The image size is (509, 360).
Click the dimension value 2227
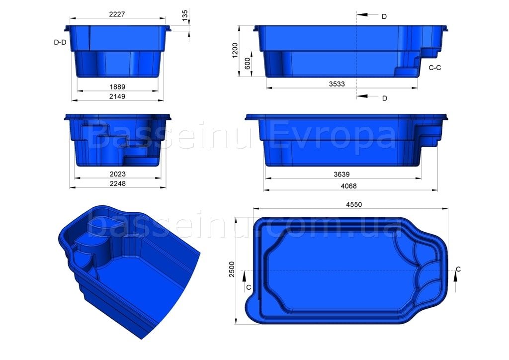coord(117,14)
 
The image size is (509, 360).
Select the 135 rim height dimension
coord(185,15)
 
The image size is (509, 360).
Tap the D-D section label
coord(60,42)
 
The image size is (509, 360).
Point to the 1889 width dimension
coord(117,87)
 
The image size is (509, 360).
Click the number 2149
coord(117,96)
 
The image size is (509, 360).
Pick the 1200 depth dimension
coord(235,50)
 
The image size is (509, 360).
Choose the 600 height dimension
coord(248,63)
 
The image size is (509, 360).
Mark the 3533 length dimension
coord(337,84)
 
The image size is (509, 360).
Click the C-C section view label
coord(435,68)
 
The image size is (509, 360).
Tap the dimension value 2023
coord(117,174)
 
